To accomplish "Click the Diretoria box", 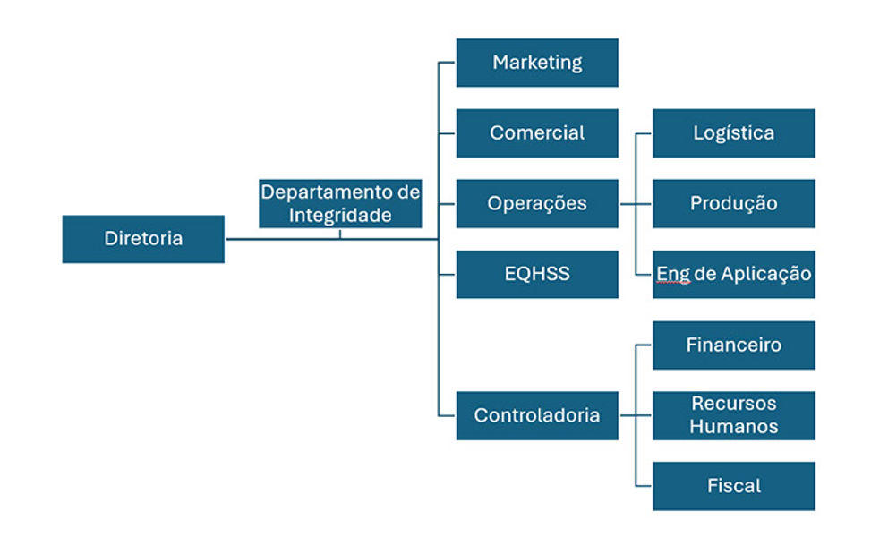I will [143, 239].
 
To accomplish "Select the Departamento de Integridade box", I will [340, 203].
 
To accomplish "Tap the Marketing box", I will [537, 63].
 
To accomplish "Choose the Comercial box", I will [537, 133].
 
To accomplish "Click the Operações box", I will [537, 203].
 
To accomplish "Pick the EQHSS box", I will [537, 274].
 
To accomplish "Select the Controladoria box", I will [537, 415].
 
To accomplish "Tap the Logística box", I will [734, 133].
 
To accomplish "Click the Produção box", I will [734, 203].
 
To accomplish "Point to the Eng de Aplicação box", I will [734, 274].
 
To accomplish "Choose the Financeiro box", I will [734, 345].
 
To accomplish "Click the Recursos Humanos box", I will [734, 415].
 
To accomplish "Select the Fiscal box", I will [734, 486].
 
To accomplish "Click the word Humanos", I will [734, 426].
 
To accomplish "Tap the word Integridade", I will [340, 216].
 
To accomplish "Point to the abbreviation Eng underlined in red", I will [673, 274].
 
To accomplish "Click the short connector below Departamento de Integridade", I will [340, 234].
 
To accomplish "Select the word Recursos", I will [734, 404].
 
